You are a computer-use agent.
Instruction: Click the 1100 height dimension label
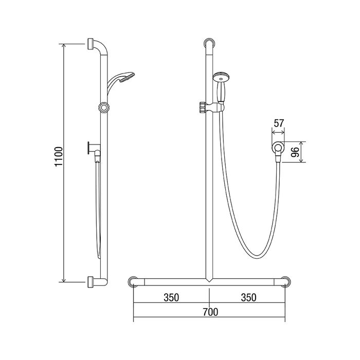(59, 156)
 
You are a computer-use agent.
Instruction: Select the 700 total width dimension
(210, 312)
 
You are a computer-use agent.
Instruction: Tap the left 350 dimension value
(171, 298)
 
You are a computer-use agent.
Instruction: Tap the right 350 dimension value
(248, 298)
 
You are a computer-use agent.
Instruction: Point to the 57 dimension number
(279, 123)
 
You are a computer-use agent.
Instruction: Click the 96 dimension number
(295, 152)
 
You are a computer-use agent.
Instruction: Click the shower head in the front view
(221, 77)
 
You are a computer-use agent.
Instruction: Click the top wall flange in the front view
(210, 44)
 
